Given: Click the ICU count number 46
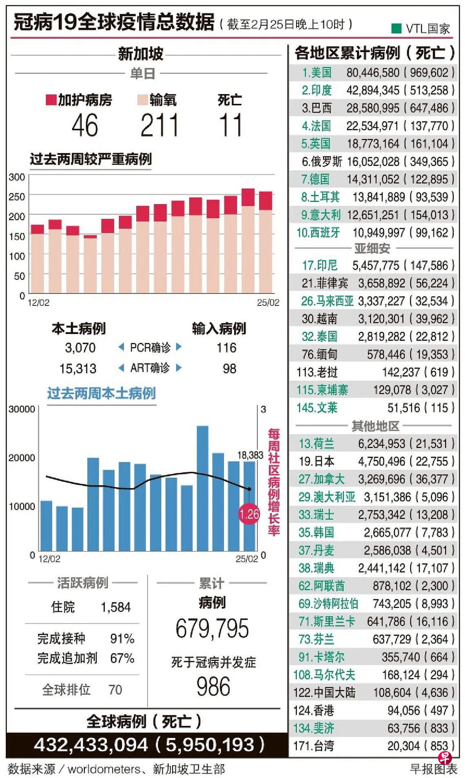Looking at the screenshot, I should [x=85, y=125].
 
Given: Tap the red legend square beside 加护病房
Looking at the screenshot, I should [x=51, y=100].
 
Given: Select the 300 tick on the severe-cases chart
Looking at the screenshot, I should [x=17, y=177].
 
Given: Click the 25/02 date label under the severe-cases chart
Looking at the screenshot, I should [x=268, y=303].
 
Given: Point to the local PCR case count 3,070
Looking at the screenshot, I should [x=80, y=348].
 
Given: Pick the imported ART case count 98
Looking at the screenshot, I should [x=229, y=369].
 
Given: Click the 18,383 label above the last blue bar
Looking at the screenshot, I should [x=250, y=455].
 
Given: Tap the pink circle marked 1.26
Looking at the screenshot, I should [x=249, y=514].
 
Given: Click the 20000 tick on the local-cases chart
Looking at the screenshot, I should [x=22, y=458].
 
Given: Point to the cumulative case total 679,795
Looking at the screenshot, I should [x=212, y=629].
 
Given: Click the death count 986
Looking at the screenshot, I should [x=213, y=687].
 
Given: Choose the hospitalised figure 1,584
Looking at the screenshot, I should [x=115, y=607].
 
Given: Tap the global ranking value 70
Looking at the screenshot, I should [x=115, y=690].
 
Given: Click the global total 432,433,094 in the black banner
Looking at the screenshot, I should [x=91, y=745].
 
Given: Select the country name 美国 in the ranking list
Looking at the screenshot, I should [x=321, y=73].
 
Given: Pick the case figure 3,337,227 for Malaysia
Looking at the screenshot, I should [x=381, y=301].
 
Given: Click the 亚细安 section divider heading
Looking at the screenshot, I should [x=372, y=248].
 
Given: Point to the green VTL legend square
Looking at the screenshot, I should [x=396, y=28].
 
